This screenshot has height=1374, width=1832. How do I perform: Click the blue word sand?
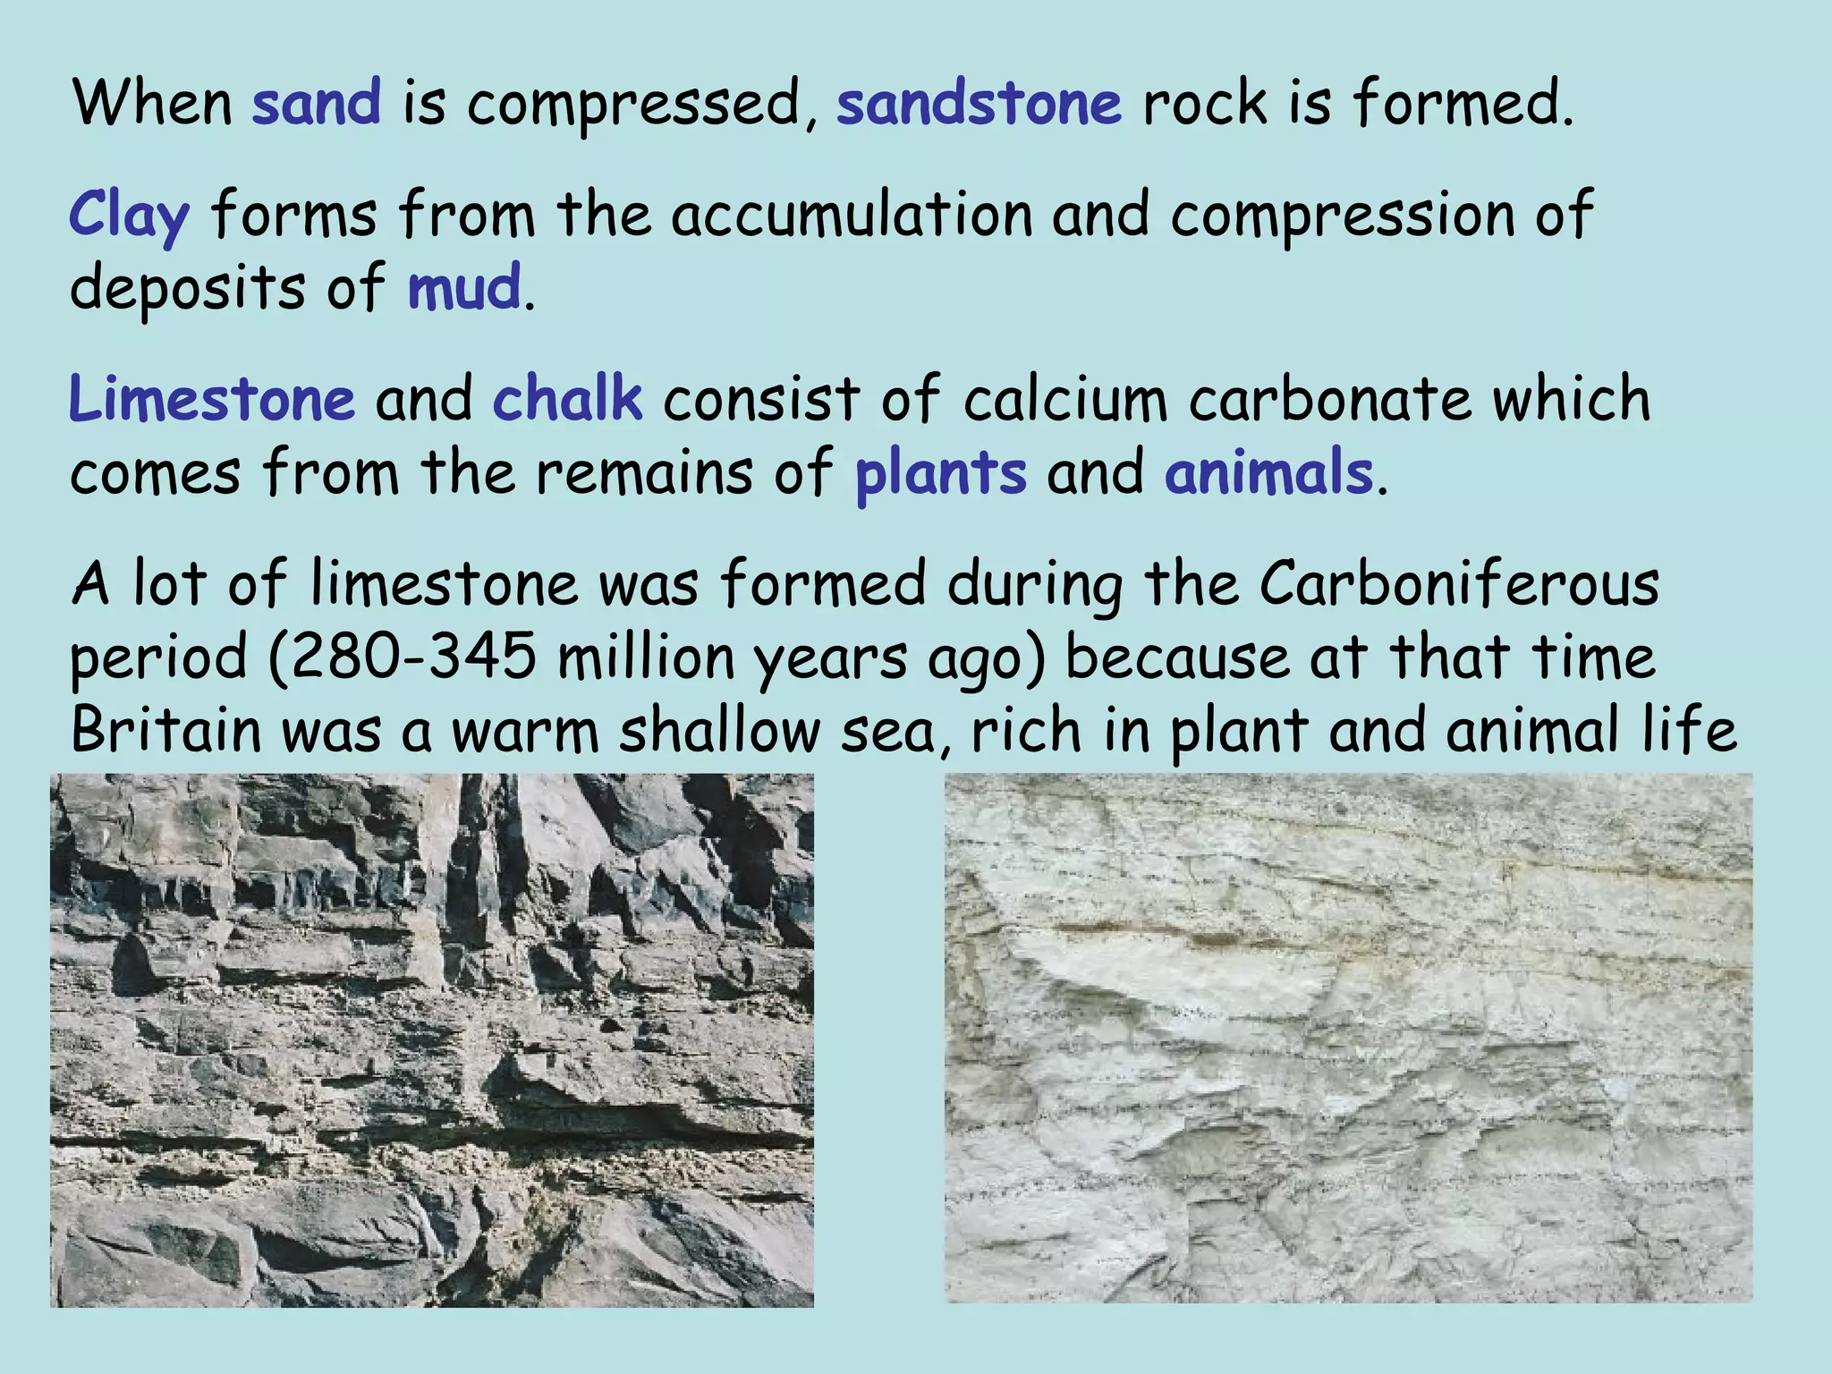pyautogui.click(x=317, y=103)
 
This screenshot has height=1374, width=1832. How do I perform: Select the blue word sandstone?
pyautogui.click(x=979, y=103)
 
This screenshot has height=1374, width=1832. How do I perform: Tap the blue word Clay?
pyautogui.click(x=130, y=217)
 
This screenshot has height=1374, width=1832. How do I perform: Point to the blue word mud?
pyautogui.click(x=464, y=288)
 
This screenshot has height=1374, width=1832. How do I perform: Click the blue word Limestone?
pyautogui.click(x=212, y=399)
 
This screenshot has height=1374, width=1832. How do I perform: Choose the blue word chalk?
pyautogui.click(x=567, y=399)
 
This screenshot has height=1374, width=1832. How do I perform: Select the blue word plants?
pyautogui.click(x=940, y=473)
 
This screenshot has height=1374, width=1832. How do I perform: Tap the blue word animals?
pyautogui.click(x=1268, y=473)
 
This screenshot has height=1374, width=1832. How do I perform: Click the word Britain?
pyautogui.click(x=165, y=731)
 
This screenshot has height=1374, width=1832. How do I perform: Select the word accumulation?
pyautogui.click(x=852, y=216)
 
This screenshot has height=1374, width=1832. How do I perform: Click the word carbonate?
pyautogui.click(x=1329, y=399)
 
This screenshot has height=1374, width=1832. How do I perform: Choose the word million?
pyautogui.click(x=646, y=657)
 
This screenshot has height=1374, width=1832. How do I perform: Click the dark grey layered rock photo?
pyautogui.click(x=432, y=1040)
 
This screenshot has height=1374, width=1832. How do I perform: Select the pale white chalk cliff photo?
pyautogui.click(x=1348, y=1038)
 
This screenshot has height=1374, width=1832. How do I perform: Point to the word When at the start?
pyautogui.click(x=153, y=103)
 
